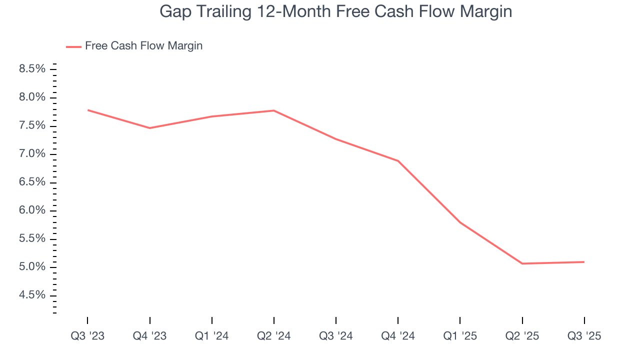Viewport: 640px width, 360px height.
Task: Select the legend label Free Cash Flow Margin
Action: tap(143, 46)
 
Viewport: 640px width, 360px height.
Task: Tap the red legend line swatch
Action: tap(73, 46)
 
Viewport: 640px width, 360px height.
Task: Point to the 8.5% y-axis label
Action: tap(32, 68)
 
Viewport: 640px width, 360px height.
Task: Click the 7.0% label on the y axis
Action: tap(32, 153)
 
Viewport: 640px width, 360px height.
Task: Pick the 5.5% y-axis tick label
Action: tap(32, 238)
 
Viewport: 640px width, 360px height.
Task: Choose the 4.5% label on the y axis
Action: tap(32, 295)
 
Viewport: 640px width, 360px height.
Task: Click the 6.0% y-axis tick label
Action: tap(32, 210)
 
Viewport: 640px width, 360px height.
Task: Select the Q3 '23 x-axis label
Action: tap(87, 336)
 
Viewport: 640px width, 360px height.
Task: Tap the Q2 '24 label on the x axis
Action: tap(273, 336)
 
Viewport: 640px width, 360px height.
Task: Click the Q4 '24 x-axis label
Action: tap(398, 336)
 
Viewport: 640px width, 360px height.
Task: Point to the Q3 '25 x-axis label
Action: tap(584, 336)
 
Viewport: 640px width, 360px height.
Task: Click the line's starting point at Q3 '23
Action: tap(88, 110)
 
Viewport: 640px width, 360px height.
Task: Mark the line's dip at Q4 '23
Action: tap(150, 128)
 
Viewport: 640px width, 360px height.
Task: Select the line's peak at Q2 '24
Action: tap(274, 110)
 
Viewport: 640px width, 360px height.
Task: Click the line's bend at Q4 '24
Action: tap(398, 161)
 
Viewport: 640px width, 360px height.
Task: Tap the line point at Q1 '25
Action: tap(460, 222)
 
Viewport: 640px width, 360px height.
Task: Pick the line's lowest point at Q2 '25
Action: tap(522, 263)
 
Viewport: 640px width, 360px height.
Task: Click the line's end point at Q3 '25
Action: tap(584, 262)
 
